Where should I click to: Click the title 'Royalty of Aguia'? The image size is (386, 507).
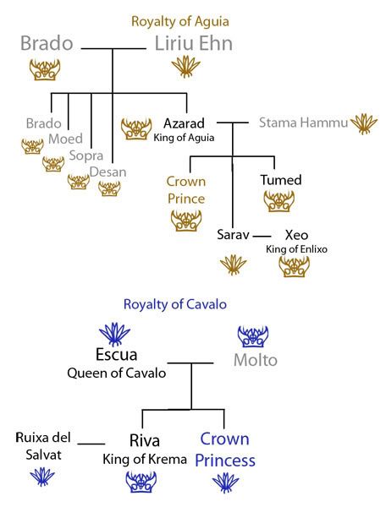click(x=180, y=22)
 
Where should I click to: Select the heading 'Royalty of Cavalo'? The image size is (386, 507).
click(x=175, y=304)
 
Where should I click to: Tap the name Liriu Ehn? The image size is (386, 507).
click(x=194, y=43)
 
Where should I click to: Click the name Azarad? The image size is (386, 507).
click(x=184, y=123)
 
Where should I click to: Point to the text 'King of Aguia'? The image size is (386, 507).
click(x=184, y=138)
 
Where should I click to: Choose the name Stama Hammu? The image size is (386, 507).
click(x=303, y=123)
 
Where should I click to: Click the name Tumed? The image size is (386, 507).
click(x=281, y=180)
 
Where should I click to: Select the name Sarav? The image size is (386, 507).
click(x=233, y=235)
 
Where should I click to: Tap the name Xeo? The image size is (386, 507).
click(x=296, y=235)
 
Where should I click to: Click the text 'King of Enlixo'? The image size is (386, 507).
click(x=296, y=249)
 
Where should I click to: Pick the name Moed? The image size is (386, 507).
click(x=65, y=139)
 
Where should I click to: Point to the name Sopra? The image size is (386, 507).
click(x=86, y=155)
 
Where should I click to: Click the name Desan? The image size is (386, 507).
click(x=108, y=172)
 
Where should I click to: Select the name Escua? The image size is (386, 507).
click(x=116, y=354)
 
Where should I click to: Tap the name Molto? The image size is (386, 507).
click(x=256, y=360)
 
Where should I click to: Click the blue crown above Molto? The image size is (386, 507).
click(x=253, y=336)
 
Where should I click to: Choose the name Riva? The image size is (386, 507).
click(x=145, y=440)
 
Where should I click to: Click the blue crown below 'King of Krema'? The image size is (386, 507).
click(x=141, y=482)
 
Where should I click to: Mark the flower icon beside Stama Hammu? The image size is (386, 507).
click(x=364, y=124)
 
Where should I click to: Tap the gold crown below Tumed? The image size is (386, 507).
click(x=278, y=201)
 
